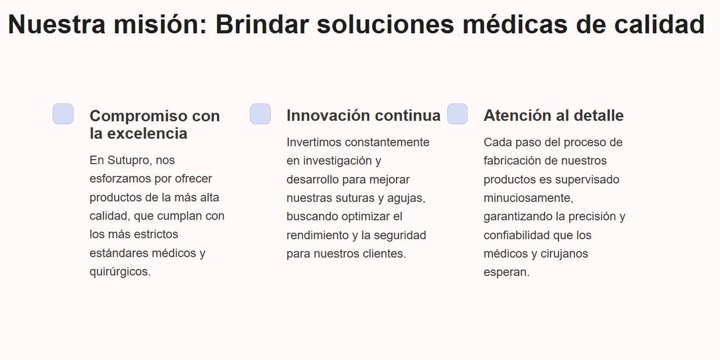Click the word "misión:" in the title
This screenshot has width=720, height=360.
coord(160,24)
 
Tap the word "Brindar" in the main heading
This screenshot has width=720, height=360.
coord(262,24)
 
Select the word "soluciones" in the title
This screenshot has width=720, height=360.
coord(386,24)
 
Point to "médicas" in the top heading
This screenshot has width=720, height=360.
coord(515,24)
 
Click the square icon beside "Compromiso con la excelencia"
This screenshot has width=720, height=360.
coord(63,114)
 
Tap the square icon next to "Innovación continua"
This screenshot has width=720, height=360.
coord(260,114)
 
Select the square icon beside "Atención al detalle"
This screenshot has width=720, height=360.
coord(458,114)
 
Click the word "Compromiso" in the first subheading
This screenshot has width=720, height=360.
coord(139,116)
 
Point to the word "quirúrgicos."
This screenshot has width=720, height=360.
coord(120,272)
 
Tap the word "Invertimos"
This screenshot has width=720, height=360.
coord(314,142)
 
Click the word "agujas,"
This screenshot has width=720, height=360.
coord(406,199)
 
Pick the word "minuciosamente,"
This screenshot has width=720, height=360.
coord(528,198)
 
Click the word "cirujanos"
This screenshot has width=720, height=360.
coord(564,254)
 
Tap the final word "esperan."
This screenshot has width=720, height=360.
coord(506,272)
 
